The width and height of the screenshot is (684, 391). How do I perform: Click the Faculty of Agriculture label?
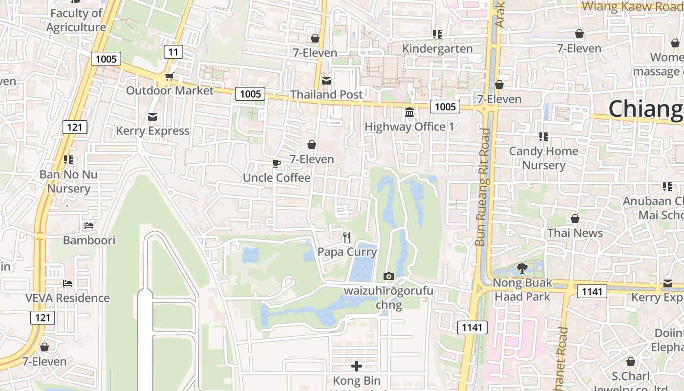[x=76, y=21]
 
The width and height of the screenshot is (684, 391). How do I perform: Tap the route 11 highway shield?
[x=173, y=51]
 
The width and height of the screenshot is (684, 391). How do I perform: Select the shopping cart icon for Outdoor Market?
[x=170, y=77]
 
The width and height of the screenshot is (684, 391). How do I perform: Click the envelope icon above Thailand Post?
[x=326, y=80]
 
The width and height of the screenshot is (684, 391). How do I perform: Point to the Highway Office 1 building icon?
[x=409, y=113]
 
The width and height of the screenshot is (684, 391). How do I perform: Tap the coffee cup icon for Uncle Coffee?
[x=277, y=164]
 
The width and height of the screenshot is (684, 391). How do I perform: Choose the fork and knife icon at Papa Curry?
[x=347, y=238]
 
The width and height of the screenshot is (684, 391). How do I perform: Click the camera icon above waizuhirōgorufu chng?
[x=389, y=277]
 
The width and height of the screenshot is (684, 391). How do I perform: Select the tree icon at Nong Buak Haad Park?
[x=522, y=268]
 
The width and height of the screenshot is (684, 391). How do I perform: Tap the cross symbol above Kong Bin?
[x=357, y=366]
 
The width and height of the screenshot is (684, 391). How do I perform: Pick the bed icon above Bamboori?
[x=89, y=226]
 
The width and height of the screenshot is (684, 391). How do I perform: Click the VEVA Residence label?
[x=67, y=298]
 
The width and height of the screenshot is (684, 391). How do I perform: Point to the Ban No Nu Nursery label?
[x=68, y=181]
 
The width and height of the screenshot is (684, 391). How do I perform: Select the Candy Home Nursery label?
[x=543, y=158]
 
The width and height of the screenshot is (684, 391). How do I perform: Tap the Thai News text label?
[x=575, y=233]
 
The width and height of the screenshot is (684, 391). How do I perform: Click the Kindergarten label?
[x=437, y=49]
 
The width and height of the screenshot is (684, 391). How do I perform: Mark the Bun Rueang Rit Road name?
[x=483, y=187]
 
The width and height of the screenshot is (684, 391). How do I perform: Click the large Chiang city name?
[x=645, y=109]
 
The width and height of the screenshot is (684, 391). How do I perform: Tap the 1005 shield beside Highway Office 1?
[x=445, y=107]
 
